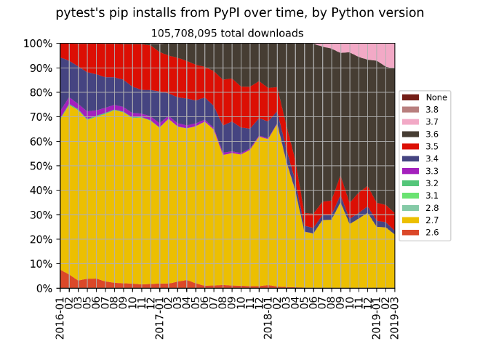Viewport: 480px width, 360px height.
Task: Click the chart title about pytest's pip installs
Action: pyautogui.click(x=240, y=13)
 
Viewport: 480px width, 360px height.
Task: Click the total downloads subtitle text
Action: pyautogui.click(x=227, y=33)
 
